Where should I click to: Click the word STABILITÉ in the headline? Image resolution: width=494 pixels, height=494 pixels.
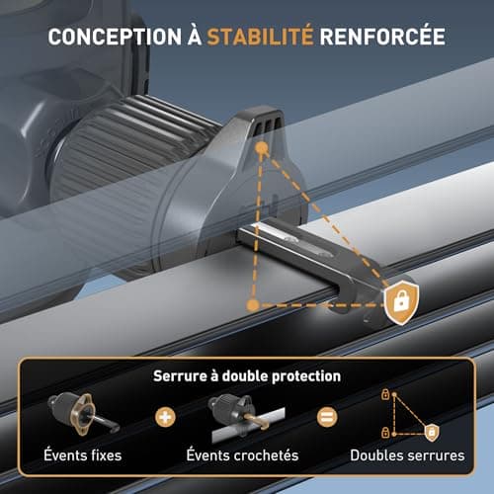coord(260,36)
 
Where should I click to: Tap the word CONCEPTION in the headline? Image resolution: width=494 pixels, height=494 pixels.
coord(115,37)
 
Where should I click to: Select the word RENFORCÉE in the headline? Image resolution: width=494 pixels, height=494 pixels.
coord(382,36)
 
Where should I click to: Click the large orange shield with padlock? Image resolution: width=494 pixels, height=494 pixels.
coord(401,302)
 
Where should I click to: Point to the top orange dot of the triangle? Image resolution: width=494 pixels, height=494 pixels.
coord(262,148)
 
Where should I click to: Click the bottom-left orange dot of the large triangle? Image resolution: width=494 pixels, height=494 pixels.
coord(253,305)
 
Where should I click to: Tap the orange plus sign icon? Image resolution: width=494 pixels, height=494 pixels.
coord(165,417)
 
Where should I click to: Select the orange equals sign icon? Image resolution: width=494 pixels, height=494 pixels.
coord(327,417)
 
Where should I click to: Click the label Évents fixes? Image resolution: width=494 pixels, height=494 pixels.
coord(83,455)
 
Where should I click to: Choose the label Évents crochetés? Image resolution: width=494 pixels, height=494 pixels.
coord(242,455)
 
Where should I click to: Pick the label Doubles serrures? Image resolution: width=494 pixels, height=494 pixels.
coord(407,455)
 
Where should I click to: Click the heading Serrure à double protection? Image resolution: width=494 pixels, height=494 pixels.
coord(247,376)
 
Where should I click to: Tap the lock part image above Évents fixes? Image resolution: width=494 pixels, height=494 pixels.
coord(82,413)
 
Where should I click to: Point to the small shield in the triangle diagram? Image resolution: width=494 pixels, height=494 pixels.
coord(432,433)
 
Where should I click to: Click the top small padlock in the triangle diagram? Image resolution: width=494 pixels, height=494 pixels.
coord(385,394)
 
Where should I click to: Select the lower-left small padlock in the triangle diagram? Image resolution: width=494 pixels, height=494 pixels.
coord(385,433)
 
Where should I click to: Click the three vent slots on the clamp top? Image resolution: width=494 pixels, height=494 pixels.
coord(267,126)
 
